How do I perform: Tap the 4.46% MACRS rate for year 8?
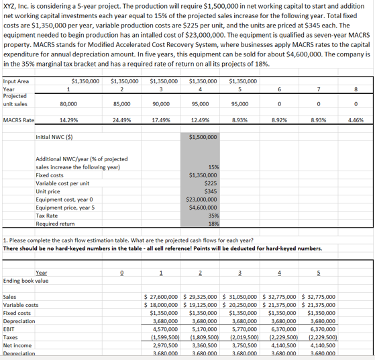coord(357,121)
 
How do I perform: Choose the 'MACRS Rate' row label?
coord(19,121)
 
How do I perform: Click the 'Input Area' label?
coord(16,81)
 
